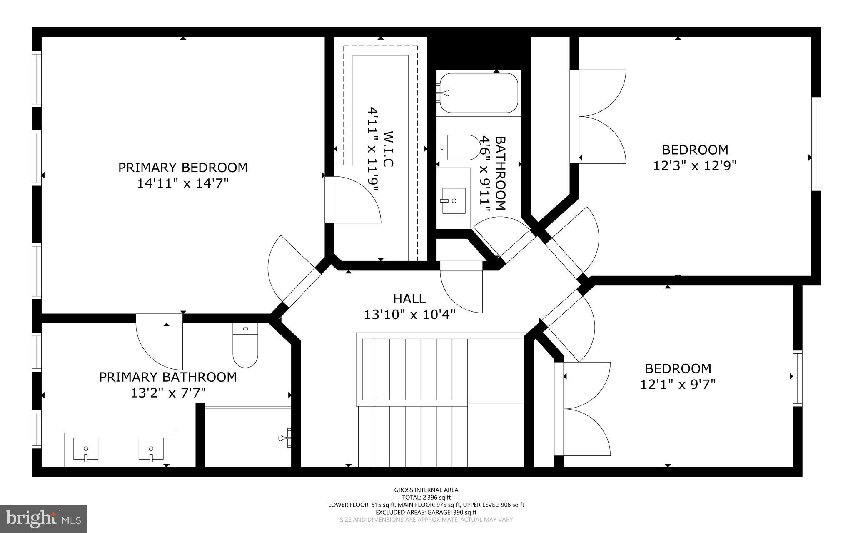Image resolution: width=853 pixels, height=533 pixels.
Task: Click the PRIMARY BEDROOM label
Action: pyautogui.click(x=183, y=168)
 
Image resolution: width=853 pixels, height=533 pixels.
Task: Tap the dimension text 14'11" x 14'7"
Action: pyautogui.click(x=183, y=183)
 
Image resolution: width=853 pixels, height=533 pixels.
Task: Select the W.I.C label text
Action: pyautogui.click(x=387, y=149)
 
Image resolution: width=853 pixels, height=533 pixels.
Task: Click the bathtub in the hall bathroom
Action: pyautogui.click(x=479, y=93)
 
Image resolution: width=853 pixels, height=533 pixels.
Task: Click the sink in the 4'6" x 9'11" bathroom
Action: pyautogui.click(x=454, y=200)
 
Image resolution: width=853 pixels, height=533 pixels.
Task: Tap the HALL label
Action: pyautogui.click(x=409, y=299)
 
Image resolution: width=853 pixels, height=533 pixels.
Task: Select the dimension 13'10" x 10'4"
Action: pyautogui.click(x=409, y=314)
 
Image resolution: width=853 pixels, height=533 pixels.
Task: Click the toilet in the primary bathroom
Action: pyautogui.click(x=245, y=345)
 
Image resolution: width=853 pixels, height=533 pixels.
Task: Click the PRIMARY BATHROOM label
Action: pyautogui.click(x=168, y=377)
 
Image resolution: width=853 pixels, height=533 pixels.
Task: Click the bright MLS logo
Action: pyautogui.click(x=43, y=518)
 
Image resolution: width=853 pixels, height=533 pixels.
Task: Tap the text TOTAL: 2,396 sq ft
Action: pyautogui.click(x=426, y=497)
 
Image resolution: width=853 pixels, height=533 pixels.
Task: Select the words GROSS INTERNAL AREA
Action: pyautogui.click(x=426, y=490)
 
